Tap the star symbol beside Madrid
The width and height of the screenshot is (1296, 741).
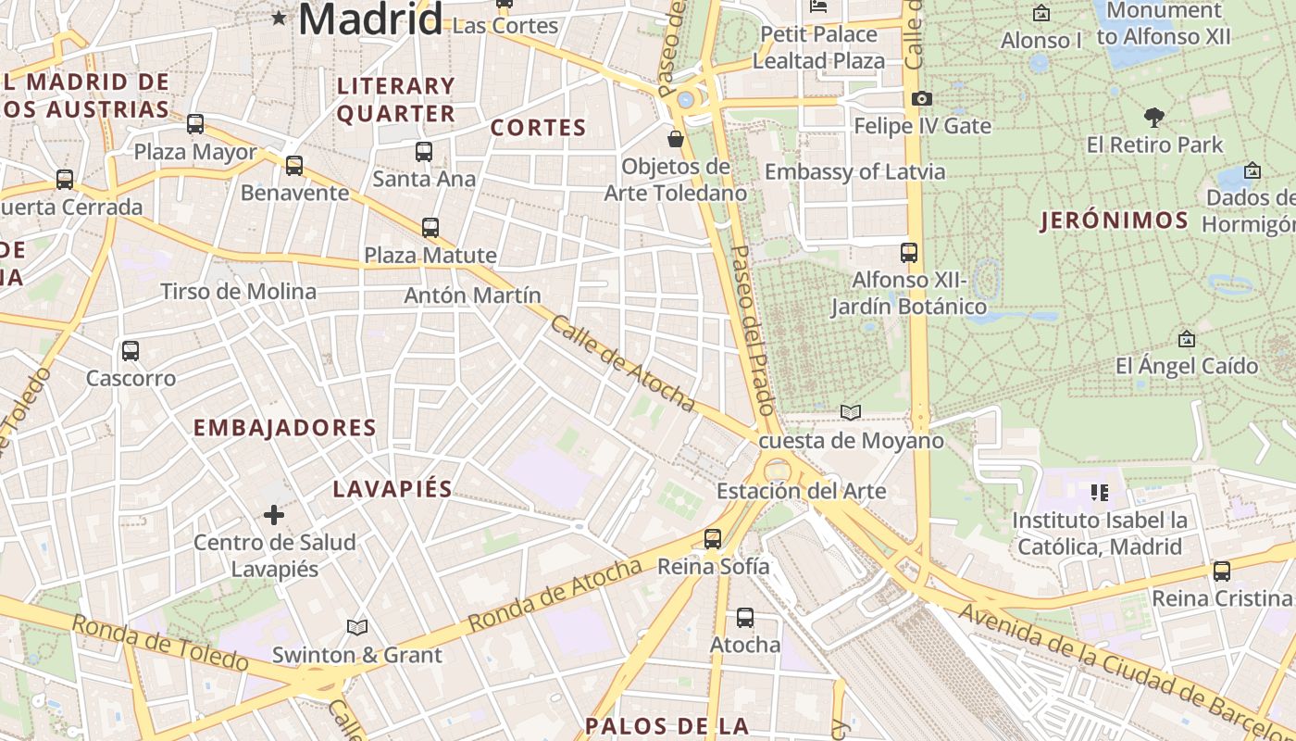coord(279,18)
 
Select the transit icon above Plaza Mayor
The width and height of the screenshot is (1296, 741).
coord(195,124)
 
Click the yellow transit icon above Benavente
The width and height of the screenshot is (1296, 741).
coord(294,166)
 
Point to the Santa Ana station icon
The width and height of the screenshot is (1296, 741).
coord(424,152)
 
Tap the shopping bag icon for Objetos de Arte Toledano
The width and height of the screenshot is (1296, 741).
coord(676,140)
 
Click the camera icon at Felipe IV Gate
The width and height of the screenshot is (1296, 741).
coord(921,98)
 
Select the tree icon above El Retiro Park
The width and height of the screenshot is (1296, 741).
coord(1154,118)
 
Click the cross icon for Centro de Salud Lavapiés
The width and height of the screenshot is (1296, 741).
coord(274,515)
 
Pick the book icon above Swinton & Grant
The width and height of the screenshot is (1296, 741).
coord(357,628)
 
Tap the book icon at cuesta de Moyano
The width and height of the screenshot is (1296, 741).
coord(851,412)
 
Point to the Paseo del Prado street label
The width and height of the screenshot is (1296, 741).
coord(752,330)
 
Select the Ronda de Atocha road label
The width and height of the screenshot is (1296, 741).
coord(555,596)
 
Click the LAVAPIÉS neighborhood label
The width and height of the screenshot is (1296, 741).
coord(393,489)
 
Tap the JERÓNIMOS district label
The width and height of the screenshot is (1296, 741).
coord(1115,220)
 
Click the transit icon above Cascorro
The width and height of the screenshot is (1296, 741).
coord(131,351)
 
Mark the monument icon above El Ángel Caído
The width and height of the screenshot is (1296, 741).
coord(1186,340)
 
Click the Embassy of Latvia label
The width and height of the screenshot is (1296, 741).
coord(854,172)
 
